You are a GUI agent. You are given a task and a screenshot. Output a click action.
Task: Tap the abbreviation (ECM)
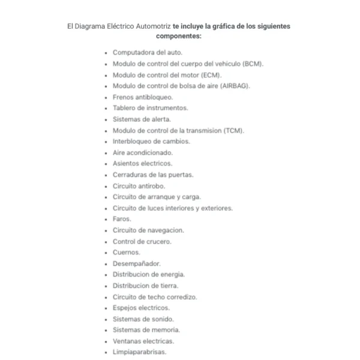(211, 75)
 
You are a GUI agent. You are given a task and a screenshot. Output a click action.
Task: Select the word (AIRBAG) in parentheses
(235, 86)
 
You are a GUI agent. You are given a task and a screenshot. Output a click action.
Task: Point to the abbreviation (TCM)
(233, 130)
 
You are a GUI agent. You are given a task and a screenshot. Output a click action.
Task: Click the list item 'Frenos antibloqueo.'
(143, 97)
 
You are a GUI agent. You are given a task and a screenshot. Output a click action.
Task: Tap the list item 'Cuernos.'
(127, 252)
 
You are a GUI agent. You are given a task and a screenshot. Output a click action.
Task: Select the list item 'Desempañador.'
(136, 263)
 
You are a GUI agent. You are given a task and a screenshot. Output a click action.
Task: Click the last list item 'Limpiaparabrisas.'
(139, 352)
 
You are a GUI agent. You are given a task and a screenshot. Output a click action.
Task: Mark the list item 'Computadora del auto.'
(148, 53)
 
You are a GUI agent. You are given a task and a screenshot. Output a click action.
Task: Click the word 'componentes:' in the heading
(179, 36)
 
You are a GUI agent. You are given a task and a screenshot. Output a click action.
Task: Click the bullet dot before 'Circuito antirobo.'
(106, 186)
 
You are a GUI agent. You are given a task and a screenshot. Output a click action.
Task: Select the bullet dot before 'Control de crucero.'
(106, 241)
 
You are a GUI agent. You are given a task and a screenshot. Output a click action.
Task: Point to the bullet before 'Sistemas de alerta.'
(106, 119)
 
